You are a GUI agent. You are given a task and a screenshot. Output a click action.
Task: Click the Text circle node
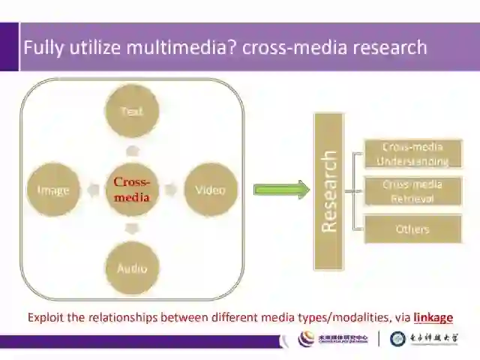tap(132, 111)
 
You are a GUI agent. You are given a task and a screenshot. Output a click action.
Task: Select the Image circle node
tap(53, 190)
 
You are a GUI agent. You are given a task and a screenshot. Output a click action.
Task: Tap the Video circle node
tap(210, 190)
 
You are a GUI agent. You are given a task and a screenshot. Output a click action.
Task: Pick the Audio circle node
tap(132, 268)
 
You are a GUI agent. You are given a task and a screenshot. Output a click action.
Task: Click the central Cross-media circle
tap(132, 190)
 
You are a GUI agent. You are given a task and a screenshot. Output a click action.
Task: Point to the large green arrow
tap(281, 190)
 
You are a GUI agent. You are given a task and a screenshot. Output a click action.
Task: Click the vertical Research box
tap(328, 191)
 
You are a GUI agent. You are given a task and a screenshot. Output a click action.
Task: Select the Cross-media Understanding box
tap(412, 154)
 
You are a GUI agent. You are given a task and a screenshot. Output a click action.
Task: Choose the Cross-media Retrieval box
tap(412, 191)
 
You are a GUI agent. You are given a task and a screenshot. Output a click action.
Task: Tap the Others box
tap(412, 229)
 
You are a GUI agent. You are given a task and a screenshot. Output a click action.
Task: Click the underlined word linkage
tap(433, 317)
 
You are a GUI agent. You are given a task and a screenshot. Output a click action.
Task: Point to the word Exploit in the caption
tap(46, 317)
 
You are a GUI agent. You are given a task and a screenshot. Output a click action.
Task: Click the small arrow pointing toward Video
tap(171, 190)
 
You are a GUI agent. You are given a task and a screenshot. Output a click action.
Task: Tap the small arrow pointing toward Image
tap(93, 190)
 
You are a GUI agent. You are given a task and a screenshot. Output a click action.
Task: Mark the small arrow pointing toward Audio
tap(132, 228)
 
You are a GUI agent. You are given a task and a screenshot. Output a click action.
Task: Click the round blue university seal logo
tap(398, 339)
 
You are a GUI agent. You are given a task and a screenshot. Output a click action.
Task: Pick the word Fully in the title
tap(41, 47)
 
